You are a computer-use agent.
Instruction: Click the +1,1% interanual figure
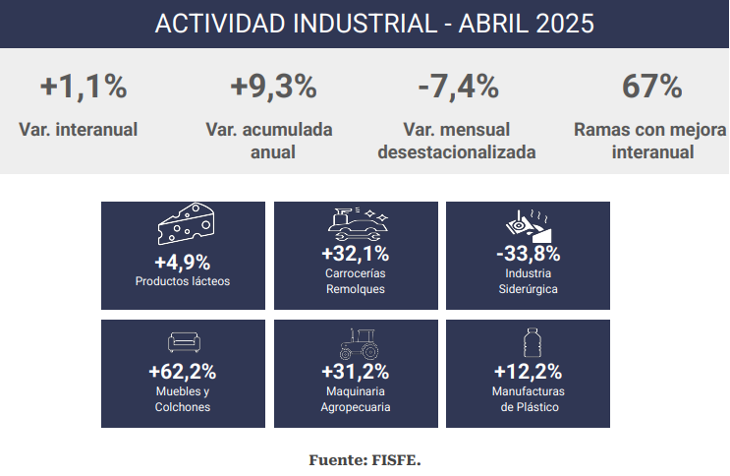pyautogui.click(x=84, y=87)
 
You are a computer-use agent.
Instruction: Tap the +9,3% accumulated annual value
pyautogui.click(x=273, y=87)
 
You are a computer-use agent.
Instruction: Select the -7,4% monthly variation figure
pyautogui.click(x=458, y=87)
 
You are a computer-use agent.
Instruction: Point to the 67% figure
pyautogui.click(x=651, y=87)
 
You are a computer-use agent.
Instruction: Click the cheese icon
pyautogui.click(x=187, y=224)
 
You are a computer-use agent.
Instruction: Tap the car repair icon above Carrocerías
pyautogui.click(x=358, y=224)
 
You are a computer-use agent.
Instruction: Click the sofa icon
pyautogui.click(x=184, y=342)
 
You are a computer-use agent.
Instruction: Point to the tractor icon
pyautogui.click(x=359, y=344)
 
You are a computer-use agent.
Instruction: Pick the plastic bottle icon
pyautogui.click(x=532, y=342)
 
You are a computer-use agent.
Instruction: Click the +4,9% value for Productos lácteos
pyautogui.click(x=183, y=263)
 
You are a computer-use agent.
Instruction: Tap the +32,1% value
pyautogui.click(x=356, y=254)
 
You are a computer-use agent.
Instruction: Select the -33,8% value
pyautogui.click(x=528, y=254)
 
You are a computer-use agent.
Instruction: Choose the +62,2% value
pyautogui.click(x=183, y=372)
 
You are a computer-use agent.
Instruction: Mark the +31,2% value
pyautogui.click(x=356, y=372)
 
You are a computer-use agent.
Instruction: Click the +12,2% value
pyautogui.click(x=528, y=372)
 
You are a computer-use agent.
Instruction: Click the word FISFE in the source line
pyautogui.click(x=396, y=460)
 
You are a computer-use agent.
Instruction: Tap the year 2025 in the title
pyautogui.click(x=565, y=24)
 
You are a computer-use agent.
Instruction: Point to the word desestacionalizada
pyautogui.click(x=457, y=152)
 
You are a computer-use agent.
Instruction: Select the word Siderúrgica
pyautogui.click(x=528, y=289)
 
